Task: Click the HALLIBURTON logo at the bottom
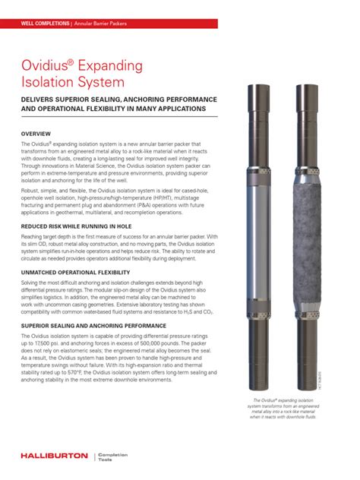click(52, 456)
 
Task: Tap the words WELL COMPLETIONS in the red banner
click(45, 23)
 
